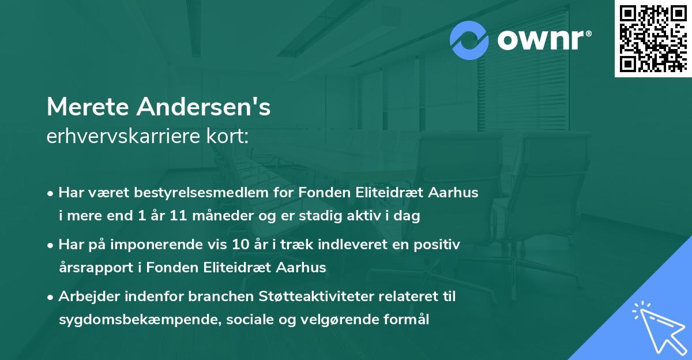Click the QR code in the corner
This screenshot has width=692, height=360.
point(653,39)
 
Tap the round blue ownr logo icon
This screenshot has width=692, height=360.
point(469,40)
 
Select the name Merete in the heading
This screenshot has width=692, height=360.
point(89,108)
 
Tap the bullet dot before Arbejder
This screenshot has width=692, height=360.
point(51,298)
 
